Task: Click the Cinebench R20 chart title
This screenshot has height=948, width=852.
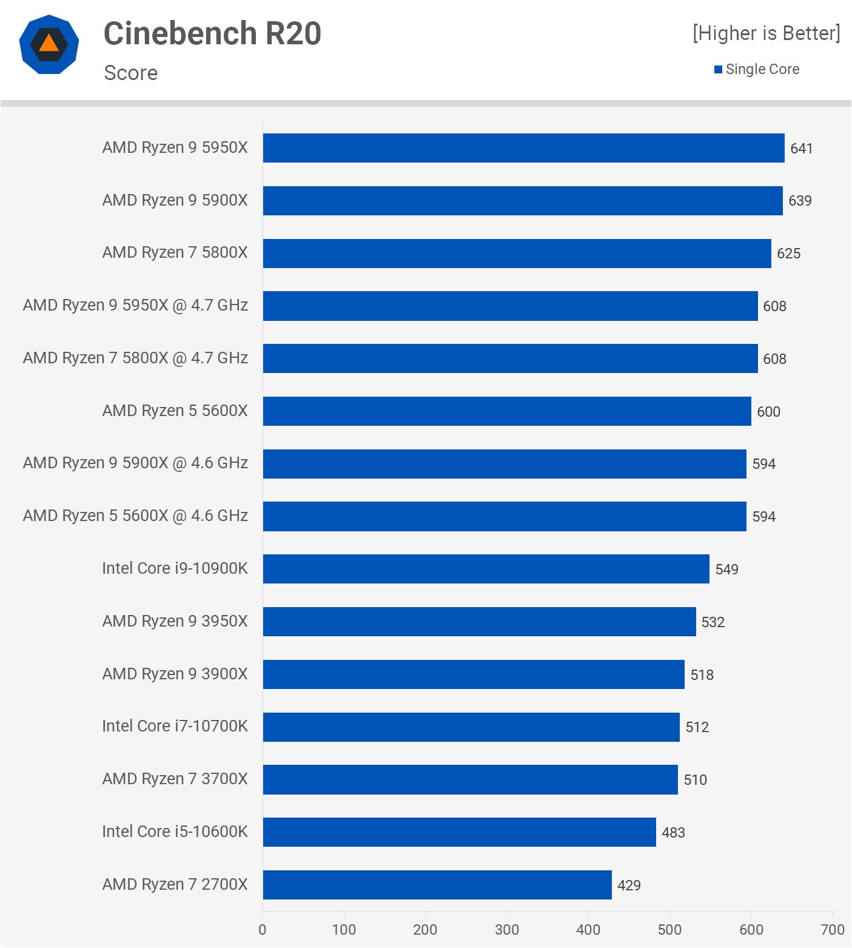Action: point(212,33)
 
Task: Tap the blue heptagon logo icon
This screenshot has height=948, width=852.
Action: point(49,44)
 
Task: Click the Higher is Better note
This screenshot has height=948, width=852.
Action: point(766,33)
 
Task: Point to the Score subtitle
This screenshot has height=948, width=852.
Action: point(131,73)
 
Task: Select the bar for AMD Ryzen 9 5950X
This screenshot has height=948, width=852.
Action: point(523,148)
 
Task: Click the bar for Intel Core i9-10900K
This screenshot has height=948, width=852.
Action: point(486,569)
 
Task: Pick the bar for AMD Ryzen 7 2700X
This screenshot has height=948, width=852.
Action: point(437,885)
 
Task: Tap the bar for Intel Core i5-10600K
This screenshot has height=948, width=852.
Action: point(459,832)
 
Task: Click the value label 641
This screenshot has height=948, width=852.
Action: point(801,149)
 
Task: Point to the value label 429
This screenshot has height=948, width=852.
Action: point(629,886)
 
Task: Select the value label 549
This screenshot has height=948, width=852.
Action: point(726,570)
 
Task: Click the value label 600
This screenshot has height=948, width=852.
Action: point(768,412)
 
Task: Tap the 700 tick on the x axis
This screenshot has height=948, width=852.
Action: point(832,929)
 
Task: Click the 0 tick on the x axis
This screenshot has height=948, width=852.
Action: point(263,929)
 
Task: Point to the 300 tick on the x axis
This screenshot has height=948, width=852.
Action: point(506,929)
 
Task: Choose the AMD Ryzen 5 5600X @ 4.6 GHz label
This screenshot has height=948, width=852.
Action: point(135,516)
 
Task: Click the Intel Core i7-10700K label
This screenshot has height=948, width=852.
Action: point(175,726)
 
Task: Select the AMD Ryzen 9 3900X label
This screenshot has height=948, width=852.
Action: point(175,674)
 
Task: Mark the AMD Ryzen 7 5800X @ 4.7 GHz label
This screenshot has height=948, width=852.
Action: point(135,358)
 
